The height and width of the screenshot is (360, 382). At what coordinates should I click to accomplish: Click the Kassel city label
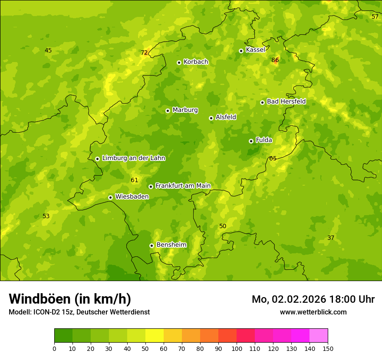[255, 50]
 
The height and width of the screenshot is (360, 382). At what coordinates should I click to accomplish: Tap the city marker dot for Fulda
[251, 141]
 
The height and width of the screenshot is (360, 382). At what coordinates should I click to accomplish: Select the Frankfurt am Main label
[183, 186]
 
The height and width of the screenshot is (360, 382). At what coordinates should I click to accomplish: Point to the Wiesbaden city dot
[110, 197]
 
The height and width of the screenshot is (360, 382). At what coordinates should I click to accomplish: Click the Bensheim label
[171, 245]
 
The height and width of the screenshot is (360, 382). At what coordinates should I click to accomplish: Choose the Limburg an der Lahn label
[133, 158]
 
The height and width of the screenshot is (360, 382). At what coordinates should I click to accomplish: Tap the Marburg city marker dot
[168, 111]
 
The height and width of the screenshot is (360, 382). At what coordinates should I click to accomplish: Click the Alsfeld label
[226, 117]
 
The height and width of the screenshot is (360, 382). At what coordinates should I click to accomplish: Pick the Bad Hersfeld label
[286, 101]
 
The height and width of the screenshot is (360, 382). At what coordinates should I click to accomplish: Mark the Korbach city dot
[179, 62]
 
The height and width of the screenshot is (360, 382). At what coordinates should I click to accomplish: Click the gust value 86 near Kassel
[275, 60]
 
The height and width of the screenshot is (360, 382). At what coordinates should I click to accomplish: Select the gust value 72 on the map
[144, 53]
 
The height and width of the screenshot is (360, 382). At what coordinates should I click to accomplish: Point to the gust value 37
[331, 238]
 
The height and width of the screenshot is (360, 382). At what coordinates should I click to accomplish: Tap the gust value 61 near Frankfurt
[134, 180]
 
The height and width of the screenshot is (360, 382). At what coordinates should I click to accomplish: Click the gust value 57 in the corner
[375, 16]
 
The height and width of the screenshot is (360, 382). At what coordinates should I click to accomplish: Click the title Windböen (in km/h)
[70, 299]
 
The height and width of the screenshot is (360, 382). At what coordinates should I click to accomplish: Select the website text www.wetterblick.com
[313, 312]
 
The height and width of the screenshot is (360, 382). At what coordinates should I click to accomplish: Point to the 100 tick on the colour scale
[237, 348]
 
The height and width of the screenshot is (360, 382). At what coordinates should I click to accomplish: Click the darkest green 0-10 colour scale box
[63, 336]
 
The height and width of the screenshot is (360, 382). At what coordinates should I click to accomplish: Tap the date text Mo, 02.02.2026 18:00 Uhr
[313, 299]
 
